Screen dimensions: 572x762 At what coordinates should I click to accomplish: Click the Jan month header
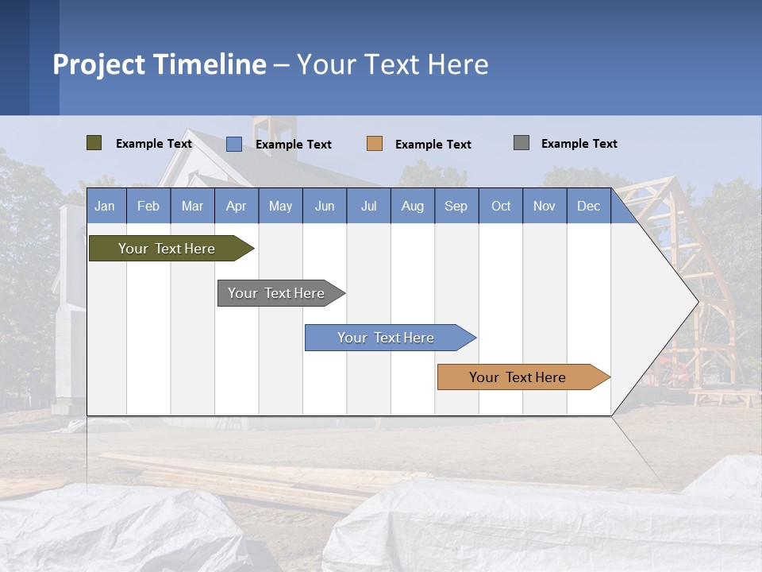tap(105, 206)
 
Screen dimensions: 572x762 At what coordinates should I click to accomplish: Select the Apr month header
tap(236, 206)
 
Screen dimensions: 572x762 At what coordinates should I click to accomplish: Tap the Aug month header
tap(412, 206)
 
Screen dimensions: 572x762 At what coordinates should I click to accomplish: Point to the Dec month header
tap(588, 206)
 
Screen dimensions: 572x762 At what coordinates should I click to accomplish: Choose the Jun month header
tap(324, 206)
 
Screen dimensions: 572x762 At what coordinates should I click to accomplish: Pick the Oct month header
tap(501, 206)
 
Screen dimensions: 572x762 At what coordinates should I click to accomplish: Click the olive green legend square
tap(94, 143)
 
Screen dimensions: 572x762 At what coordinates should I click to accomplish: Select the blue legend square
tap(233, 144)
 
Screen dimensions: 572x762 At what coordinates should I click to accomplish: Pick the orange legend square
tap(375, 144)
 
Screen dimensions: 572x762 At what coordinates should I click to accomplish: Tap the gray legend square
tap(521, 143)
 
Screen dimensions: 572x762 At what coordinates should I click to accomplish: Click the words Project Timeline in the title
tap(159, 64)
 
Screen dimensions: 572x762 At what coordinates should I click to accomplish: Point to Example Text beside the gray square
tap(579, 144)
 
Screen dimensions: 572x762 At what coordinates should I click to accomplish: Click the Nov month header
tap(545, 206)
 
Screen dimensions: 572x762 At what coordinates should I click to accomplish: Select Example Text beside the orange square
tap(433, 145)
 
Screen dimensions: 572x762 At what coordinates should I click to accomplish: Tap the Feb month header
tap(148, 206)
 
